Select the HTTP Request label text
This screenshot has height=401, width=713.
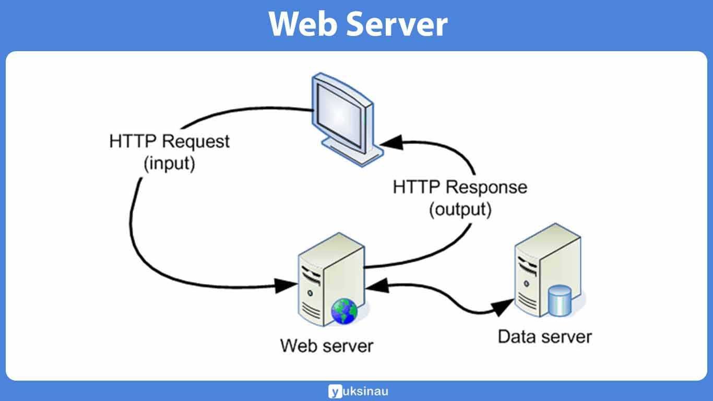[169, 141]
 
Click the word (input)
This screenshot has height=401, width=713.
[169, 163]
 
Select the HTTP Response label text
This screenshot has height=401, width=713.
[460, 187]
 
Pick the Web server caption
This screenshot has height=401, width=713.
[327, 345]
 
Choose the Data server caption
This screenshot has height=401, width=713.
[544, 336]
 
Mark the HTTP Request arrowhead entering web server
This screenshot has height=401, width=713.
[284, 286]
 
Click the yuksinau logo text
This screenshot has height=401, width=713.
[365, 391]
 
